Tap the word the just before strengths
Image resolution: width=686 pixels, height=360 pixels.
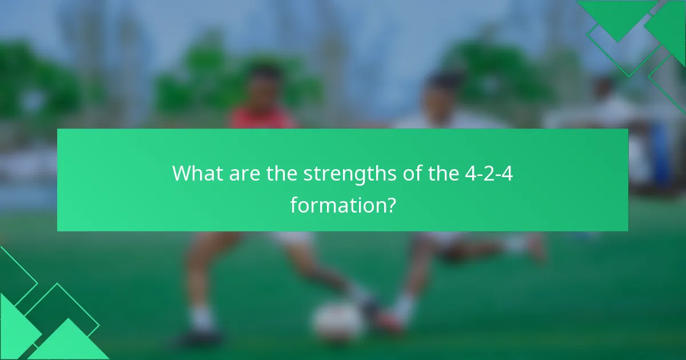coord(281,173)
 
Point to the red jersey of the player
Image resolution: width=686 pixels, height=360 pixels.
coord(263,118)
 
